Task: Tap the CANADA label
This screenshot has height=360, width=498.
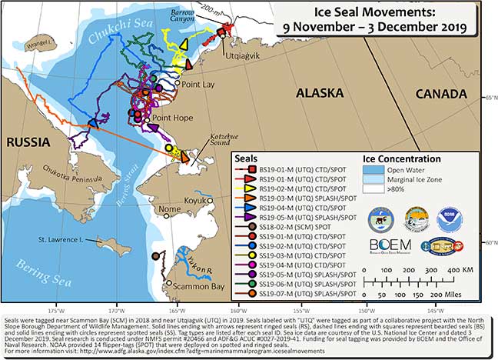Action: pyautogui.click(x=440, y=93)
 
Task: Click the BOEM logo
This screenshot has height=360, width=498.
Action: pyautogui.click(x=388, y=246)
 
